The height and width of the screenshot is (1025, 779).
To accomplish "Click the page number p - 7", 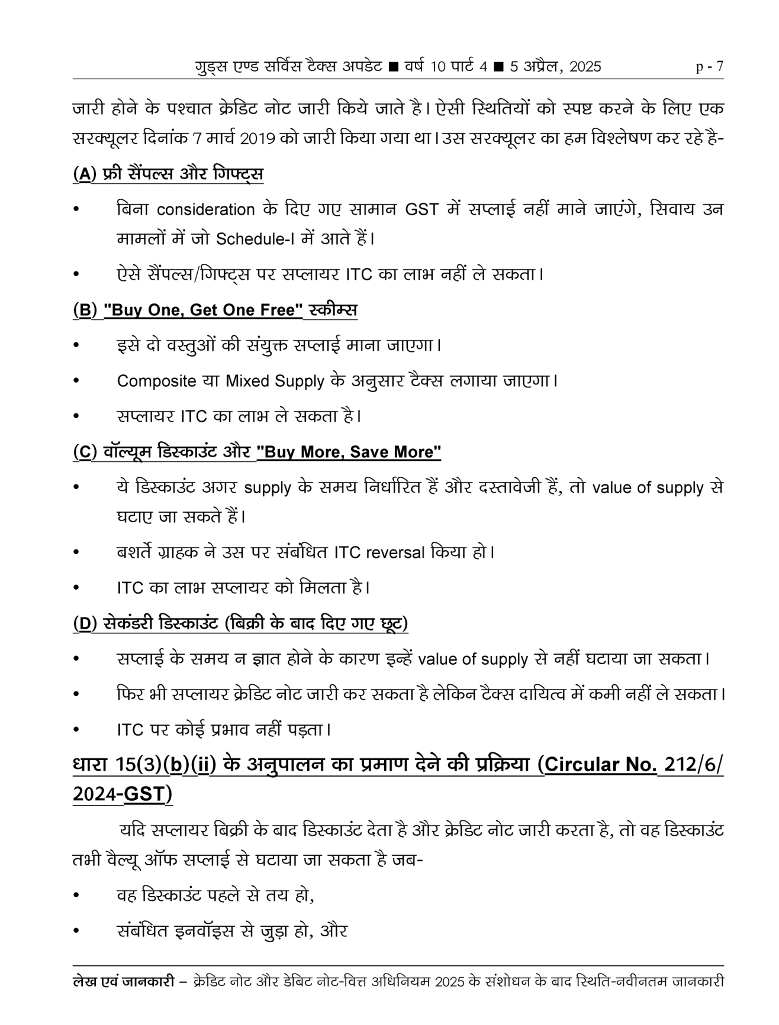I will pyautogui.click(x=709, y=66).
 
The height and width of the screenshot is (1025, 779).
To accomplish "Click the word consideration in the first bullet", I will pyautogui.click(x=206, y=209).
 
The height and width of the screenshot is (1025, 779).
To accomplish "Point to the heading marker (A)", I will pyautogui.click(x=85, y=174).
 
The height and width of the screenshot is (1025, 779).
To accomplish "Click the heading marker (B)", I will pyautogui.click(x=85, y=310).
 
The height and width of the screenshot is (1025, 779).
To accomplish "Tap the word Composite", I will pyautogui.click(x=156, y=381).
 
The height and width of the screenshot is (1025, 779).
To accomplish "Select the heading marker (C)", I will pyautogui.click(x=85, y=452).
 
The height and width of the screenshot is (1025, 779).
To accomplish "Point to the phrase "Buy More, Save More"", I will pyautogui.click(x=349, y=452).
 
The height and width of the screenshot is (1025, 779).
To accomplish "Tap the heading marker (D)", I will pyautogui.click(x=85, y=623).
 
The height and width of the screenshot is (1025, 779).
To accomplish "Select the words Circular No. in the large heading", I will pyautogui.click(x=600, y=764).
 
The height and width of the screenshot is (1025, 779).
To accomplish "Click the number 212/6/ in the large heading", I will pyautogui.click(x=694, y=764).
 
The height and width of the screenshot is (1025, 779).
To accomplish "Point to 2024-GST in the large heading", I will pyautogui.click(x=121, y=794).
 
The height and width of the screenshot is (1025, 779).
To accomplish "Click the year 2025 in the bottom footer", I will pyautogui.click(x=450, y=982).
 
